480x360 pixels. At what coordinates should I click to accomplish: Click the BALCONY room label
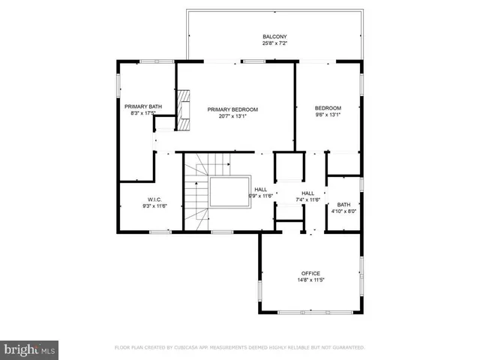point(274,37)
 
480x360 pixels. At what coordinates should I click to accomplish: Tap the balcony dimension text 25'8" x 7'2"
point(274,43)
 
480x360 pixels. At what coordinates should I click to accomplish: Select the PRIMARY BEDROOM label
point(232,109)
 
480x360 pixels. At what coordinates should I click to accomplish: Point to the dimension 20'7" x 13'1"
point(232,116)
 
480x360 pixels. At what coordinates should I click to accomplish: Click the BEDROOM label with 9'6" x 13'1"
point(328,108)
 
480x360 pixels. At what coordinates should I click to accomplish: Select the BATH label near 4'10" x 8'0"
point(343,205)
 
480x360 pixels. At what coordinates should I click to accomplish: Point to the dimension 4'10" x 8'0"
point(343,211)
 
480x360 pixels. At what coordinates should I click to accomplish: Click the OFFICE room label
point(310,273)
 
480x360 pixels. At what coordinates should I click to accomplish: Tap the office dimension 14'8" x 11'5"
point(310,280)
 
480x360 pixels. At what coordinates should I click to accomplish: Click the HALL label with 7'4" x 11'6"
point(307,193)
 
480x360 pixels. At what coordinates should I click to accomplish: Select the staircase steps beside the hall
point(198,195)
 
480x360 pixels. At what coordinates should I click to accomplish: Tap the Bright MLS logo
point(30,349)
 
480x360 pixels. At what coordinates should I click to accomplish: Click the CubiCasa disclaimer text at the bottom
point(239,348)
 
